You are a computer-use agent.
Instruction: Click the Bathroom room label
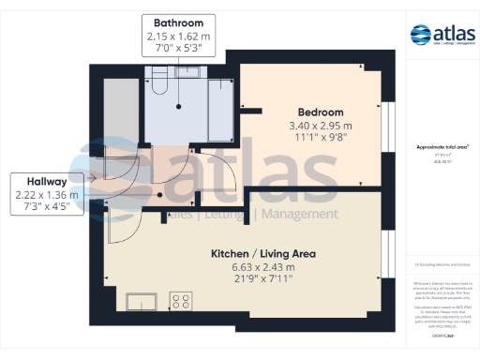point(178,22)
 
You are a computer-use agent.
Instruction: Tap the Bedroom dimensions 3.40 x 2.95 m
point(319,126)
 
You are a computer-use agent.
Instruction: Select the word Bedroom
point(319,110)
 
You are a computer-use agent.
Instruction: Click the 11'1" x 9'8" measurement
point(319,141)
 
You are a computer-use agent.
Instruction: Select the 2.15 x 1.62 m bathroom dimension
point(178,37)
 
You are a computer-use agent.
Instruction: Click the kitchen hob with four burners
point(181,301)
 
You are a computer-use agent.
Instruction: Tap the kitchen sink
point(142,302)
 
